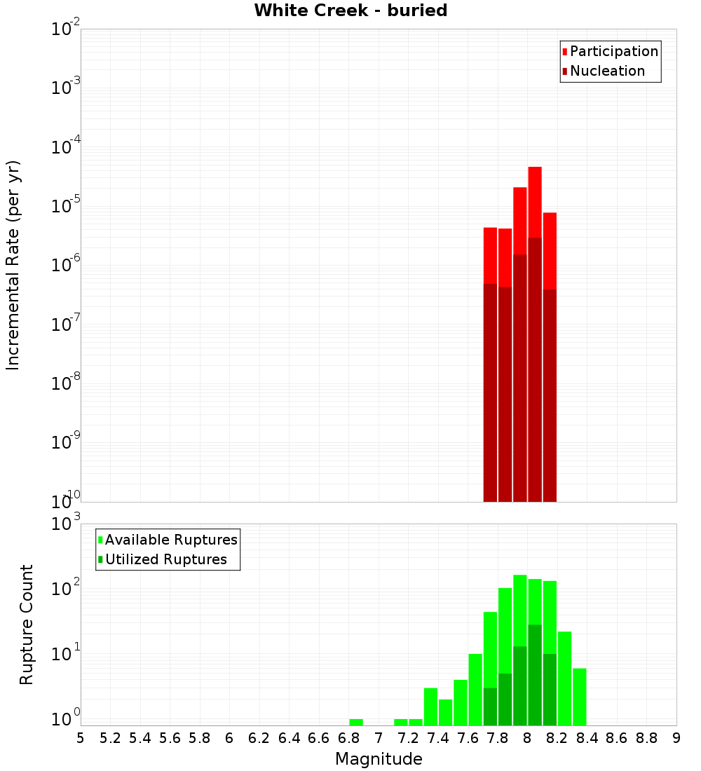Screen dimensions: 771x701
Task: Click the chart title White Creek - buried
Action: pos(350,11)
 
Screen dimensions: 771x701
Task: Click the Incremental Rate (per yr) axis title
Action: pos(13,265)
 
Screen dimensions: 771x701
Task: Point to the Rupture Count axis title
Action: pos(27,625)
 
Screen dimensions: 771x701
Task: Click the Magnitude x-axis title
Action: pos(379,759)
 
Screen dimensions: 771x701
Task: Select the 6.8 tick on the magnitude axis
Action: pos(348,738)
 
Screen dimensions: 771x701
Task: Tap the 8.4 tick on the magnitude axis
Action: pos(587,738)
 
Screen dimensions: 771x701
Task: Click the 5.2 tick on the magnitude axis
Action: pos(110,738)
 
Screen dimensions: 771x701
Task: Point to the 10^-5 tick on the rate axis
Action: pos(65,205)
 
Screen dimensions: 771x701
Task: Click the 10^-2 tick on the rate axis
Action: pos(65,29)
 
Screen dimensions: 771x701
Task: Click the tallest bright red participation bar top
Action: pos(535,168)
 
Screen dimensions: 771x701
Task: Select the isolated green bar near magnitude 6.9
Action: pos(356,722)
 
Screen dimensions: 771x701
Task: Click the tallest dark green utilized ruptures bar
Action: pos(535,673)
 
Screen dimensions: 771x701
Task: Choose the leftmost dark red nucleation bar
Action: pos(490,393)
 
